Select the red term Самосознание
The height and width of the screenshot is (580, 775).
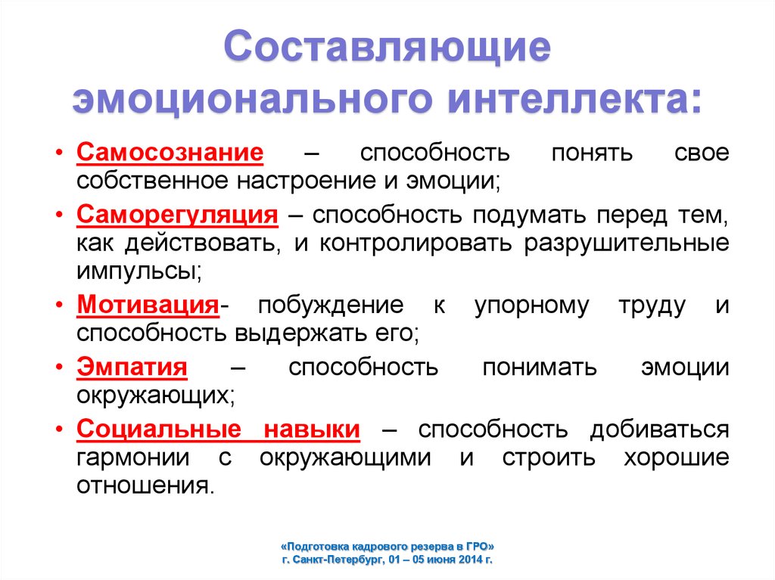click(170, 152)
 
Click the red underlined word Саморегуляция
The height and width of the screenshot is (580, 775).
click(177, 216)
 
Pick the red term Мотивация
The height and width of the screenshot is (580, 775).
click(148, 305)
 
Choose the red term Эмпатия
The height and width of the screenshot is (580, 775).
click(132, 367)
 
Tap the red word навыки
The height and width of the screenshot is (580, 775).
click(311, 430)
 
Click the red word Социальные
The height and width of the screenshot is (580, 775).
click(159, 430)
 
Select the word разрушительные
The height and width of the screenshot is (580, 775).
click(626, 243)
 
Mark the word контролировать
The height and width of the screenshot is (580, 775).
click(416, 243)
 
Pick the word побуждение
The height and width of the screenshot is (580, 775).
click(331, 306)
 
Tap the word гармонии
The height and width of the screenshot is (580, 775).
click(133, 458)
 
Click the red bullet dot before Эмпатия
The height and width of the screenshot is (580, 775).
click(59, 368)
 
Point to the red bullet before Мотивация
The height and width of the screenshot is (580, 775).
click(59, 306)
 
